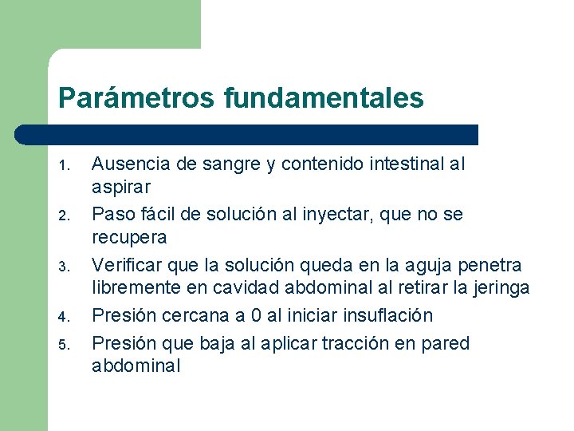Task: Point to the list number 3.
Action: (67, 267)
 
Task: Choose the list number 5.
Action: (67, 346)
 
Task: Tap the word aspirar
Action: (122, 187)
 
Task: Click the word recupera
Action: (129, 237)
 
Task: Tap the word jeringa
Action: (500, 287)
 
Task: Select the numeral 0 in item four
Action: (242, 315)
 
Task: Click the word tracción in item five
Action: (360, 343)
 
